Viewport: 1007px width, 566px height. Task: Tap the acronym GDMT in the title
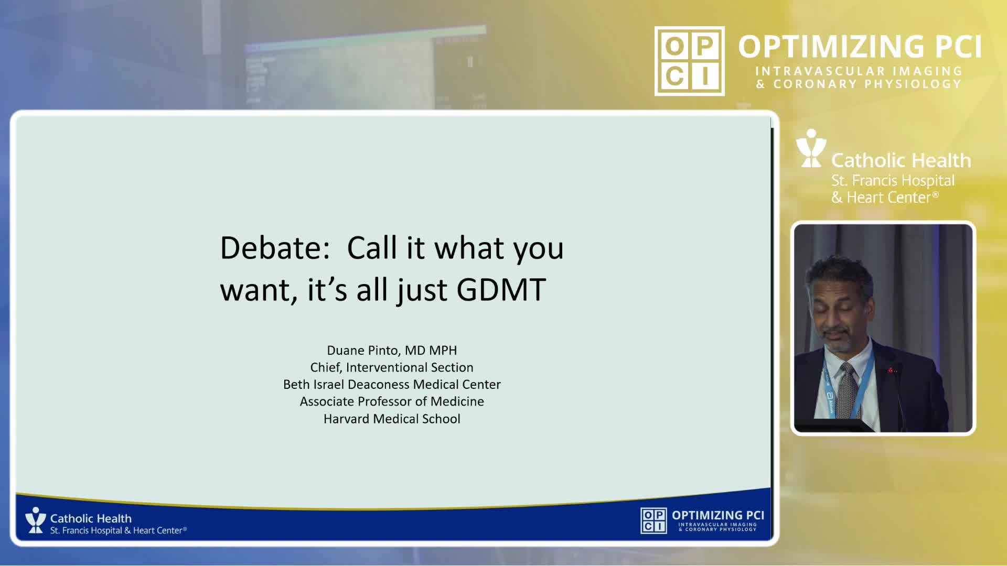tap(501, 289)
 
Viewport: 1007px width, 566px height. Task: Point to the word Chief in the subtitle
tap(326, 367)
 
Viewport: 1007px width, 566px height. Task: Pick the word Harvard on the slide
tap(347, 419)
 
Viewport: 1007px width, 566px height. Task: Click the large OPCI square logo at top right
tap(690, 61)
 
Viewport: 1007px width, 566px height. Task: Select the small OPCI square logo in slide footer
tap(654, 520)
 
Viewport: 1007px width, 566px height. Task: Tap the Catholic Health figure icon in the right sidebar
tap(811, 148)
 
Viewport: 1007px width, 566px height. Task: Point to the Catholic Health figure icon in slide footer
tap(36, 520)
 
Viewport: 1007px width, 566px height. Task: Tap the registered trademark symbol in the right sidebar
tap(935, 195)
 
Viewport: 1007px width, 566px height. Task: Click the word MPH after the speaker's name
tap(443, 350)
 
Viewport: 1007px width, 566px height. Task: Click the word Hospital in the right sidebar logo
tap(928, 181)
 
